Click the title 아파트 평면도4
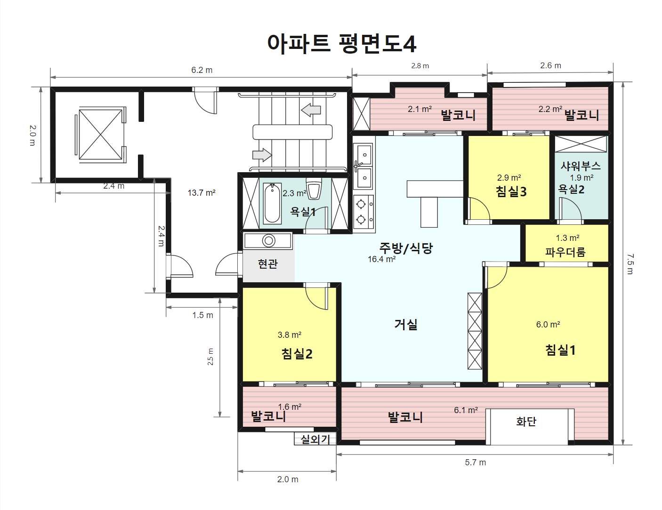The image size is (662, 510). (x=341, y=44)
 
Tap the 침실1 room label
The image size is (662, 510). (x=560, y=350)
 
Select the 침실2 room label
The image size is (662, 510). (x=297, y=354)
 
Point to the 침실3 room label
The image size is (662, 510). (x=511, y=191)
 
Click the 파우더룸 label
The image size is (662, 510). (x=565, y=252)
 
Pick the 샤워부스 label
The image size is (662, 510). (x=581, y=166)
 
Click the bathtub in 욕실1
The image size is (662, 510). (x=272, y=203)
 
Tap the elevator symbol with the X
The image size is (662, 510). (x=100, y=135)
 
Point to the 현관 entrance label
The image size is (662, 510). (x=268, y=264)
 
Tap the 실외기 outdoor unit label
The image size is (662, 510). (x=315, y=439)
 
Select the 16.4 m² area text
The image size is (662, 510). (x=381, y=259)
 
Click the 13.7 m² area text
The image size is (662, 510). (x=202, y=193)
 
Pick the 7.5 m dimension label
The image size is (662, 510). (x=630, y=264)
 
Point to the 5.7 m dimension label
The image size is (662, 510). (x=476, y=462)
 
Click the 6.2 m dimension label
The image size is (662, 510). (x=202, y=70)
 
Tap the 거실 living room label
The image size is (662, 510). (x=406, y=324)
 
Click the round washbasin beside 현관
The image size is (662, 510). (x=268, y=241)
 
